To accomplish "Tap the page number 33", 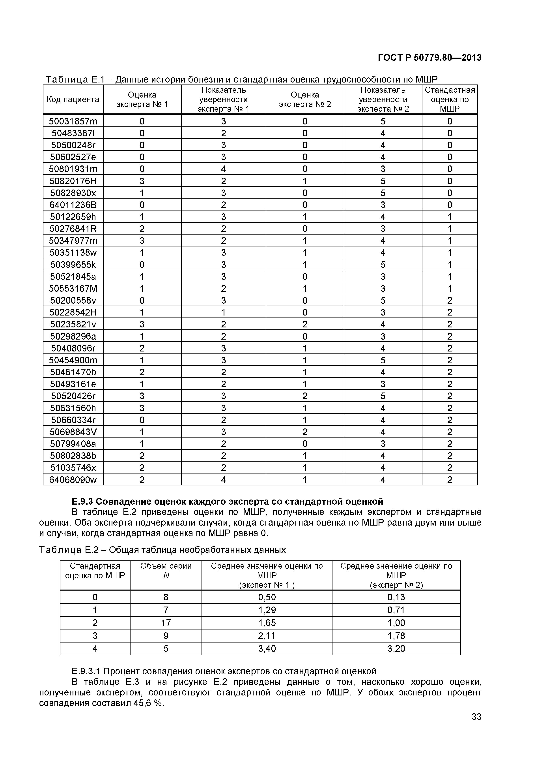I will click(x=476, y=726).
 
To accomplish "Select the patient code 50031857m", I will click(x=73, y=121).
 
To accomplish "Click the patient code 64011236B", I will click(x=73, y=205).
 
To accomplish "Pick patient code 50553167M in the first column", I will click(x=73, y=289).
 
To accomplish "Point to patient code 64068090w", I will click(x=73, y=480).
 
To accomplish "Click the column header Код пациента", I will click(x=73, y=100).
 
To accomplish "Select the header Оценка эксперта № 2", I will click(x=305, y=100).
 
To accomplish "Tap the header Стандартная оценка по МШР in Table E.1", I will click(x=450, y=100).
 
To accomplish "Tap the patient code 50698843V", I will click(x=73, y=432).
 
